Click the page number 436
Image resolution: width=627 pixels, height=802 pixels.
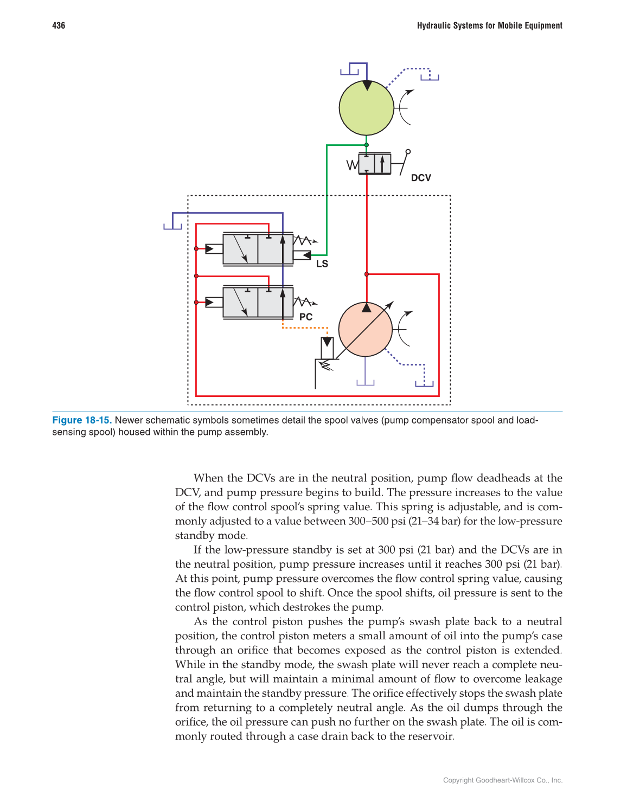coord(59,25)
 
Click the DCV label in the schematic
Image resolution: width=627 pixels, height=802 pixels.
coord(421,178)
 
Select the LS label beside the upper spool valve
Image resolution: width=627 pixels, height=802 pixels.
coord(322,264)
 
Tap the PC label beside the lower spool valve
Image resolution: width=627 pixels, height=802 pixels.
coord(306,317)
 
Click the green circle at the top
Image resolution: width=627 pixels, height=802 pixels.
coord(366,108)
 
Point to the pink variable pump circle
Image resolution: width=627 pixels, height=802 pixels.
coord(365,329)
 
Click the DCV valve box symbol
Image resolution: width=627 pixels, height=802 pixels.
coord(374,163)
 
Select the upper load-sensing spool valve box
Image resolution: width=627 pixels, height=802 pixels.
coord(258,249)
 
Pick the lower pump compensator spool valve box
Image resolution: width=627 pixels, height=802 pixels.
coord(258,302)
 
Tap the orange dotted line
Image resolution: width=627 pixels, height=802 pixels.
coord(305,328)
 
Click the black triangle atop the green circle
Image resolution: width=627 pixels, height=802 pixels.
coord(367,85)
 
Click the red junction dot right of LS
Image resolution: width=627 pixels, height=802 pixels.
coord(367,274)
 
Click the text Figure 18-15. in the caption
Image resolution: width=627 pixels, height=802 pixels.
coord(82,420)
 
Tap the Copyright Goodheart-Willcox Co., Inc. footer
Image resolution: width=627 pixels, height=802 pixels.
coord(502,780)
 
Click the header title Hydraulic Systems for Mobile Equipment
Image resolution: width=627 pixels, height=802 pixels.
coord(489,25)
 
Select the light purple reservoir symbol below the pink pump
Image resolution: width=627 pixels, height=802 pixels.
coord(366,382)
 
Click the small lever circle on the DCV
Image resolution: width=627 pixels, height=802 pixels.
coord(408,152)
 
